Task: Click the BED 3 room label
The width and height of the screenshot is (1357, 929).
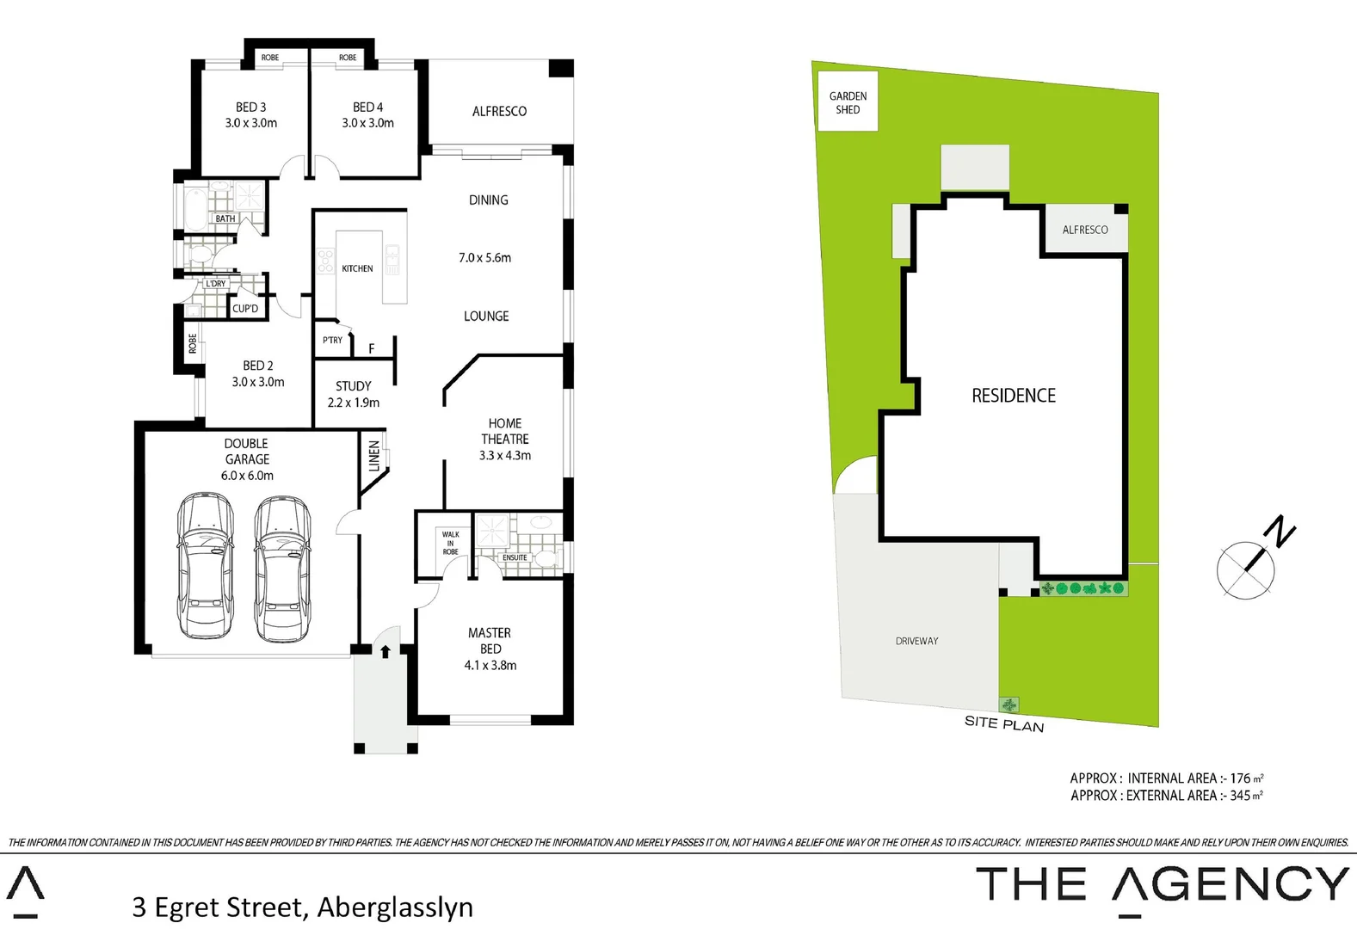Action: [x=250, y=108]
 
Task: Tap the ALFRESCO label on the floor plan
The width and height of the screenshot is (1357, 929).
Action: [x=499, y=111]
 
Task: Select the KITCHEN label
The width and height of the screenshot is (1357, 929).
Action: [x=357, y=268]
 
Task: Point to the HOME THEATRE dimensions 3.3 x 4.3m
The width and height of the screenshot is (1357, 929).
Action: [x=505, y=455]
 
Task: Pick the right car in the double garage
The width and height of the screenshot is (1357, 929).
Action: [x=282, y=569]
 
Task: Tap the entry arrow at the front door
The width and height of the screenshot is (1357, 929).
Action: [x=386, y=651]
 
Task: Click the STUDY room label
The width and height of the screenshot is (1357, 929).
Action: [x=354, y=386]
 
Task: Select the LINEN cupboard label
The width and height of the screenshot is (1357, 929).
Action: [x=374, y=455]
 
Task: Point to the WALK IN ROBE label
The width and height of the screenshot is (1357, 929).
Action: [x=450, y=543]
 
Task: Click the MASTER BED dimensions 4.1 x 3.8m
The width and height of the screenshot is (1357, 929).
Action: [x=490, y=665]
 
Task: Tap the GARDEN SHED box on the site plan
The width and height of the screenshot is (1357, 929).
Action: [x=848, y=102]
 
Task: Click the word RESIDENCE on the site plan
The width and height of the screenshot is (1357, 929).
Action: [x=1014, y=396]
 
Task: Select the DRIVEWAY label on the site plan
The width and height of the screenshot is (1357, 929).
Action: [x=916, y=641]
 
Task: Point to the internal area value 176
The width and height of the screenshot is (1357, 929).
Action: [x=1240, y=778]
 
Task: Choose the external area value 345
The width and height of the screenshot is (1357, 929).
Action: [x=1240, y=796]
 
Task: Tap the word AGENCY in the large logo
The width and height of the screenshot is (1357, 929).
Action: [x=1231, y=884]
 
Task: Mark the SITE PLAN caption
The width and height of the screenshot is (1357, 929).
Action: [x=1004, y=724]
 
